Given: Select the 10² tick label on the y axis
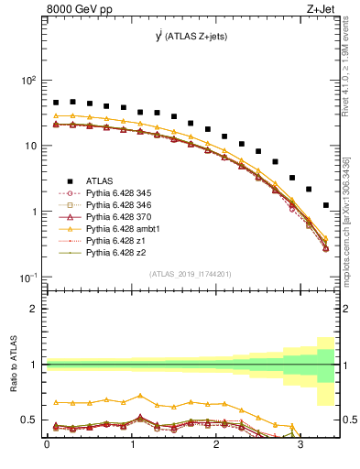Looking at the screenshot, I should click(x=29, y=81).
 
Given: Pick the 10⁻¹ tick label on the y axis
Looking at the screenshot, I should click(x=29, y=277).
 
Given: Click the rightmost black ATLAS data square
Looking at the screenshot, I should click(x=326, y=205).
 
